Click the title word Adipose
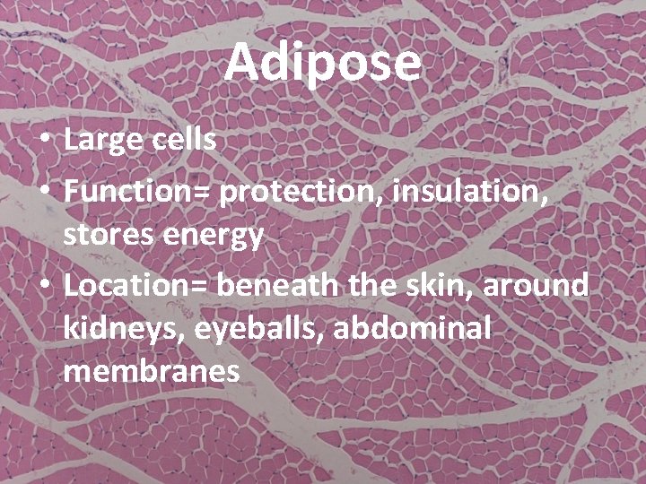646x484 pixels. pyautogui.click(x=323, y=63)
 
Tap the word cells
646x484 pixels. pyautogui.click(x=185, y=140)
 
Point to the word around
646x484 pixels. pyautogui.click(x=538, y=285)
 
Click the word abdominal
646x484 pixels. pyautogui.click(x=413, y=328)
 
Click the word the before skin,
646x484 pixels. pyautogui.click(x=369, y=285)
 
